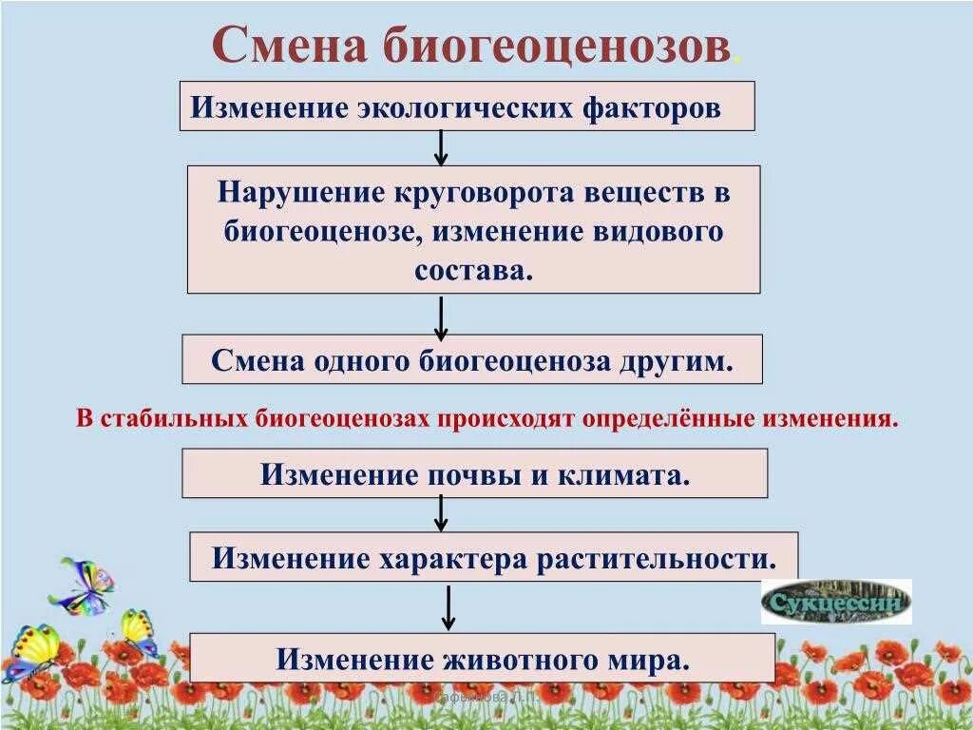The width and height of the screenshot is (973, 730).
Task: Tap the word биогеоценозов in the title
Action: (557, 46)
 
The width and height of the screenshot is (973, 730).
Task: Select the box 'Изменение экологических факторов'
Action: (467, 106)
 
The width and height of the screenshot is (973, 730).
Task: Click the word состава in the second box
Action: (471, 269)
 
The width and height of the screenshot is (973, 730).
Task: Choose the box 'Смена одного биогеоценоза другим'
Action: (471, 359)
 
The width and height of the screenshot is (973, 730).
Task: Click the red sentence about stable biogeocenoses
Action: (486, 418)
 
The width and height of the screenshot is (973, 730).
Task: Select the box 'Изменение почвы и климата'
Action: (474, 473)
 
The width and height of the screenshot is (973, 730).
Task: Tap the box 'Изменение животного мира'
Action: (482, 658)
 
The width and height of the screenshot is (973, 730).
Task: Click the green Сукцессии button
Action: (836, 602)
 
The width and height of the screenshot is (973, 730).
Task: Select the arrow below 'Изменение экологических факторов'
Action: (441, 147)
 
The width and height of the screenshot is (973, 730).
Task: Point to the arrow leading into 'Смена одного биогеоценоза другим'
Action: (441, 317)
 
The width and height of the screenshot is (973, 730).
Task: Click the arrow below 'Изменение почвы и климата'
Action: (441, 513)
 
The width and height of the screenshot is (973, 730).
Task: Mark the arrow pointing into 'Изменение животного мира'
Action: (449, 607)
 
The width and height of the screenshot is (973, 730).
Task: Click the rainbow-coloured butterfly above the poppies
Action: (83, 586)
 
